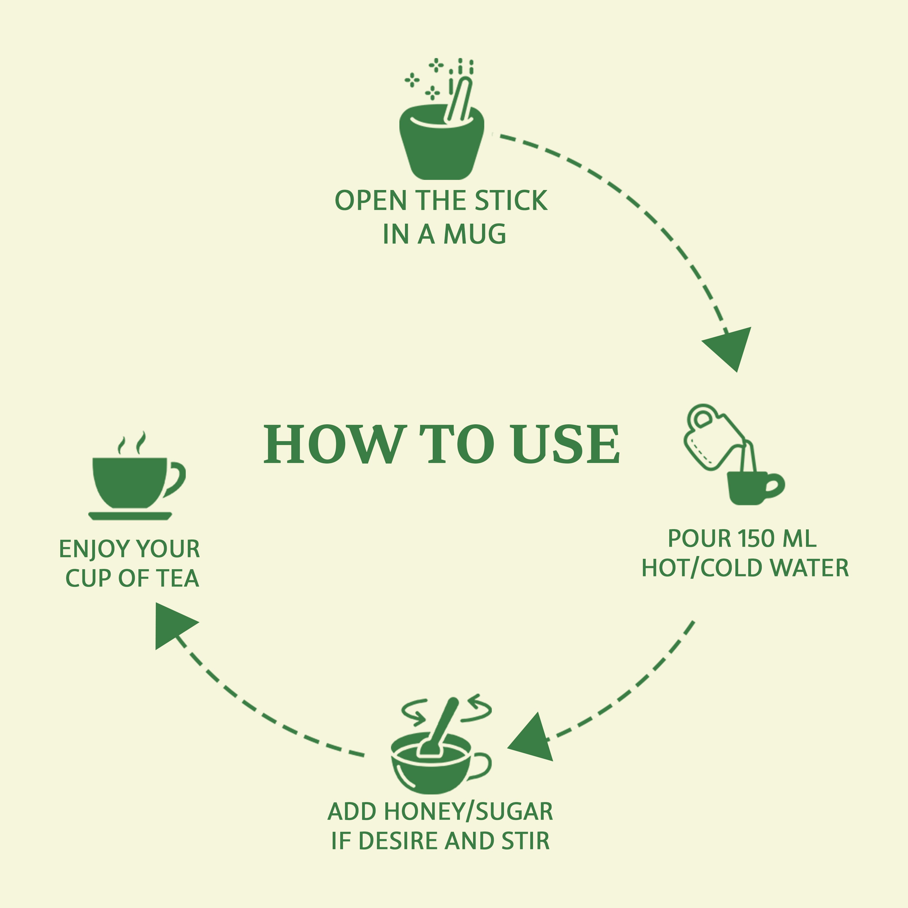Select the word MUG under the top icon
(475, 234)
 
